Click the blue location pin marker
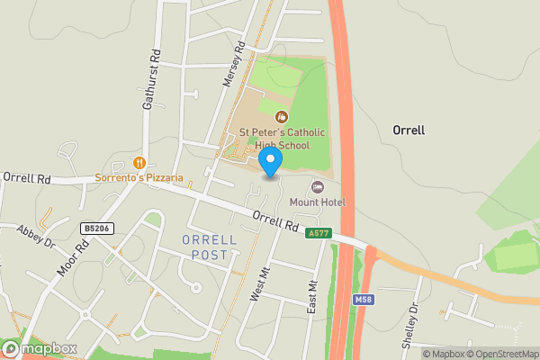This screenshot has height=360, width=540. click(x=270, y=161)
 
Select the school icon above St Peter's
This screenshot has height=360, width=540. click(x=282, y=116)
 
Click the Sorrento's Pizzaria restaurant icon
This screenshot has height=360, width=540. click(x=139, y=163)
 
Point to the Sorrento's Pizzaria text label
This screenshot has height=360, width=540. click(x=139, y=178)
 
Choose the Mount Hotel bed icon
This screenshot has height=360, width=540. click(x=317, y=186)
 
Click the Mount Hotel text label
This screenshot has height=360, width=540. click(x=317, y=202)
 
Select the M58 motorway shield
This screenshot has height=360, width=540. click(x=363, y=299)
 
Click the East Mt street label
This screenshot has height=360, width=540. click(x=313, y=298)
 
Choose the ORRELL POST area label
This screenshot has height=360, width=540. click(x=209, y=247)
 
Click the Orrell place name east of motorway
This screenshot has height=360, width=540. click(x=409, y=130)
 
